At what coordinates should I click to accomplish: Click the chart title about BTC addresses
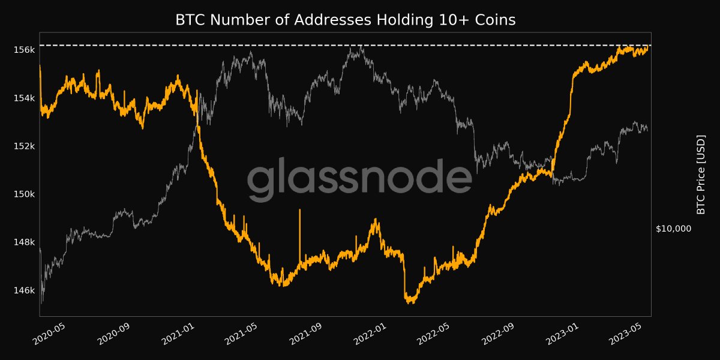(345, 20)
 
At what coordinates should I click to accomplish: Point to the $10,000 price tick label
(674, 229)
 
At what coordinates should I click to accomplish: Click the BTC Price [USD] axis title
(700, 174)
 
